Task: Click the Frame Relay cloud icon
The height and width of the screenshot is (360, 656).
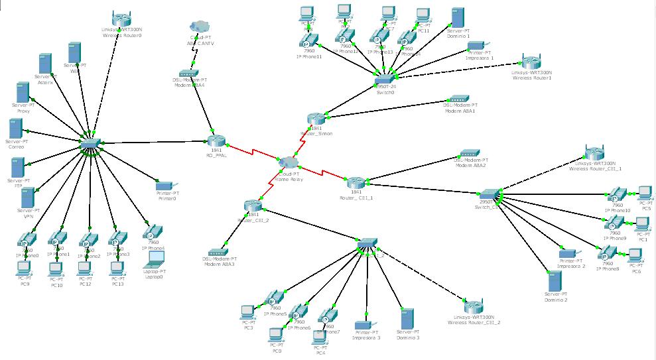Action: click(x=289, y=162)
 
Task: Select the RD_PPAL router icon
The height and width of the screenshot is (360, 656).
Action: click(x=216, y=140)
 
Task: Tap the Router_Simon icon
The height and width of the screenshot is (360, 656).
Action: click(x=317, y=119)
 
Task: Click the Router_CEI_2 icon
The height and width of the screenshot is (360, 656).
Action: click(x=252, y=205)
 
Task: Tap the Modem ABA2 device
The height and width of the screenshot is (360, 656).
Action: click(x=471, y=152)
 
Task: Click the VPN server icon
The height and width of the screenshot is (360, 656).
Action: click(x=27, y=198)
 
